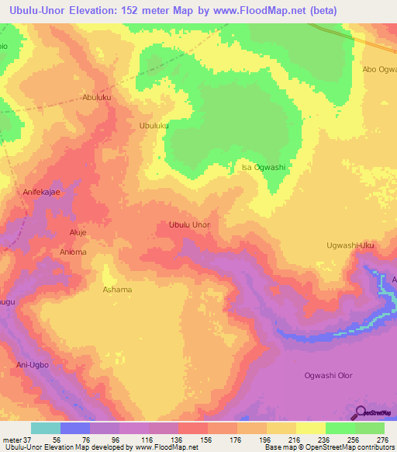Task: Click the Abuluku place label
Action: click(x=98, y=98)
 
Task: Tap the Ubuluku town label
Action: click(x=154, y=125)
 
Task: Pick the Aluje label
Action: click(x=80, y=233)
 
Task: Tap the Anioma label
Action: click(x=73, y=252)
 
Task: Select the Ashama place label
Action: click(x=117, y=290)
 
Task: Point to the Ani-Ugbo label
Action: click(x=33, y=363)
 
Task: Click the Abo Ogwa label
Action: click(x=379, y=69)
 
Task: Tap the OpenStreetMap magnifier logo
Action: click(x=359, y=412)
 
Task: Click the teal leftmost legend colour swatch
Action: click(x=46, y=428)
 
